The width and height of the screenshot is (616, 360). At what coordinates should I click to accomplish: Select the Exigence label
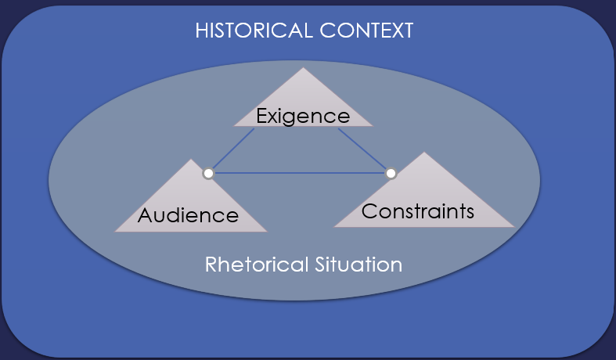(303, 117)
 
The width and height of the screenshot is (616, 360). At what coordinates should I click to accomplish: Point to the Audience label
(188, 214)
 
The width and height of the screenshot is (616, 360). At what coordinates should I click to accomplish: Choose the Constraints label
(418, 211)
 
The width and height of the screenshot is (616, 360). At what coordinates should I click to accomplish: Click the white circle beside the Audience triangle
(208, 174)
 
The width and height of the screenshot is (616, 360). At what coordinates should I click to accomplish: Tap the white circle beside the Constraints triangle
(391, 173)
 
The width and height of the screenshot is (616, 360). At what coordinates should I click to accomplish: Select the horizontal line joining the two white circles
(299, 173)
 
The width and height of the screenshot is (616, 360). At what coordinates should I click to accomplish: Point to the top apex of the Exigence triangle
(302, 68)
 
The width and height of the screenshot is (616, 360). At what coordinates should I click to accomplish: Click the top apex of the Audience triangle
(189, 160)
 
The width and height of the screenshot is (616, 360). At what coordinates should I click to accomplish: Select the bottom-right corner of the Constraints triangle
(513, 226)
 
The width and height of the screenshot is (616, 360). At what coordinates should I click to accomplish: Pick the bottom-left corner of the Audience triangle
(116, 232)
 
